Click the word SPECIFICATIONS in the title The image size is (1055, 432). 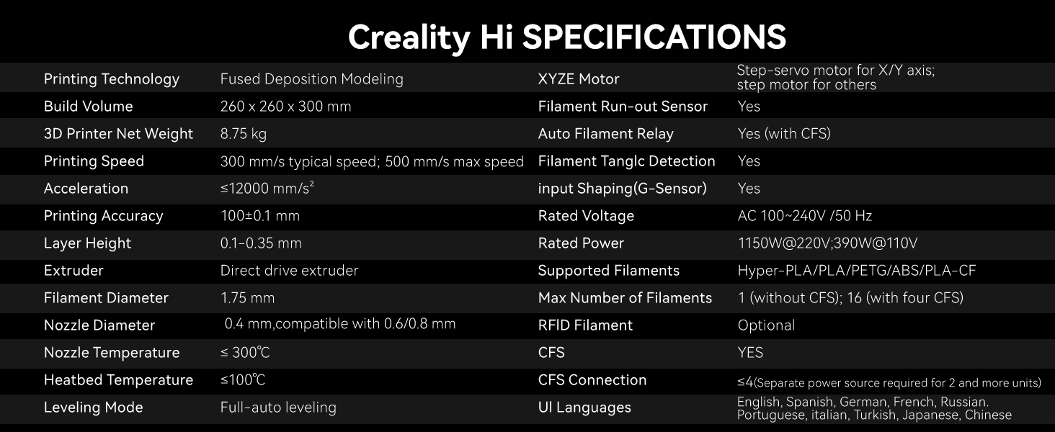pyautogui.click(x=654, y=37)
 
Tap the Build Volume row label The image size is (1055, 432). pyautogui.click(x=88, y=107)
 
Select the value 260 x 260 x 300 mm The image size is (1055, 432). pyautogui.click(x=285, y=107)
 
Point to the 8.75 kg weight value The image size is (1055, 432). pyautogui.click(x=243, y=134)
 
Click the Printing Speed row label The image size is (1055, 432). pyautogui.click(x=94, y=161)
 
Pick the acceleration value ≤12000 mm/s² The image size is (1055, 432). pyautogui.click(x=267, y=188)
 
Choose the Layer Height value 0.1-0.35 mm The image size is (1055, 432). pyautogui.click(x=261, y=243)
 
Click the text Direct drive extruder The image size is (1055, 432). pyautogui.click(x=289, y=271)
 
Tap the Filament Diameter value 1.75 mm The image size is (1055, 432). pyautogui.click(x=248, y=298)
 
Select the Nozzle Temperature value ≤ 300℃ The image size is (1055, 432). pyautogui.click(x=245, y=353)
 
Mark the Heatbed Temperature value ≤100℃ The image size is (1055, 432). pyautogui.click(x=243, y=379)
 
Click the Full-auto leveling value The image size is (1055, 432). pyautogui.click(x=278, y=407)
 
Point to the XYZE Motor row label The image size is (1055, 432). pyautogui.click(x=579, y=79)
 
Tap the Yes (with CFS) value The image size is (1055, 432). pyautogui.click(x=784, y=134)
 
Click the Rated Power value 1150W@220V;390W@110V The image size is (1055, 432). pyautogui.click(x=827, y=243)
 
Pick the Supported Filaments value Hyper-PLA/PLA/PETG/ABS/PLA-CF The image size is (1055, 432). pyautogui.click(x=857, y=271)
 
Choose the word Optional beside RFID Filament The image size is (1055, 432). pyautogui.click(x=766, y=325)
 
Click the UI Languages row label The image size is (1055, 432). pyautogui.click(x=584, y=407)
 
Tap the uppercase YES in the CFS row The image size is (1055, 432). pyautogui.click(x=750, y=353)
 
